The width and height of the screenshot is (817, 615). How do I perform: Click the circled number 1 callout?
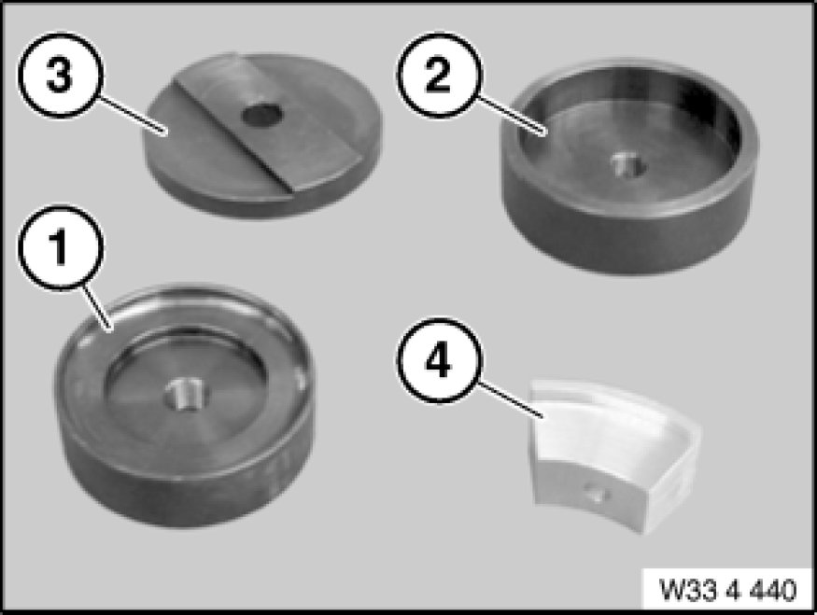pos(61,248)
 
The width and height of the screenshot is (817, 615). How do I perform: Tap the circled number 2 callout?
pos(440,75)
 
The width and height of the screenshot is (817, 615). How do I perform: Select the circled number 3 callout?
pos(61,75)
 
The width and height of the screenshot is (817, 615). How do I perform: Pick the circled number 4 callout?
pos(440,360)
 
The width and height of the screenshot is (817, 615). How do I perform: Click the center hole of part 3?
pos(262,116)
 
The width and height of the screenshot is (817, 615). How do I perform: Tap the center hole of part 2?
pos(629,166)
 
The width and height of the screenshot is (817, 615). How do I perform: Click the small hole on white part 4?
pos(596,493)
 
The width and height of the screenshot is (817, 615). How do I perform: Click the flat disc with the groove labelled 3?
pos(262,134)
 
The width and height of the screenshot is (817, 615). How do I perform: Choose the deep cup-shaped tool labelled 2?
pos(629,167)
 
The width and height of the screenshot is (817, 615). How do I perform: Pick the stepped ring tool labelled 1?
pos(185,405)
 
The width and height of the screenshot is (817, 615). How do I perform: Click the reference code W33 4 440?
pos(728,590)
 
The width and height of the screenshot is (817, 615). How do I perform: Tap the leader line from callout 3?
pos(132,114)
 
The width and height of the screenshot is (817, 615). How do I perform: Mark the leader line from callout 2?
pos(511,115)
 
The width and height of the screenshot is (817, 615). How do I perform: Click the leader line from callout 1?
pos(96,307)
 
